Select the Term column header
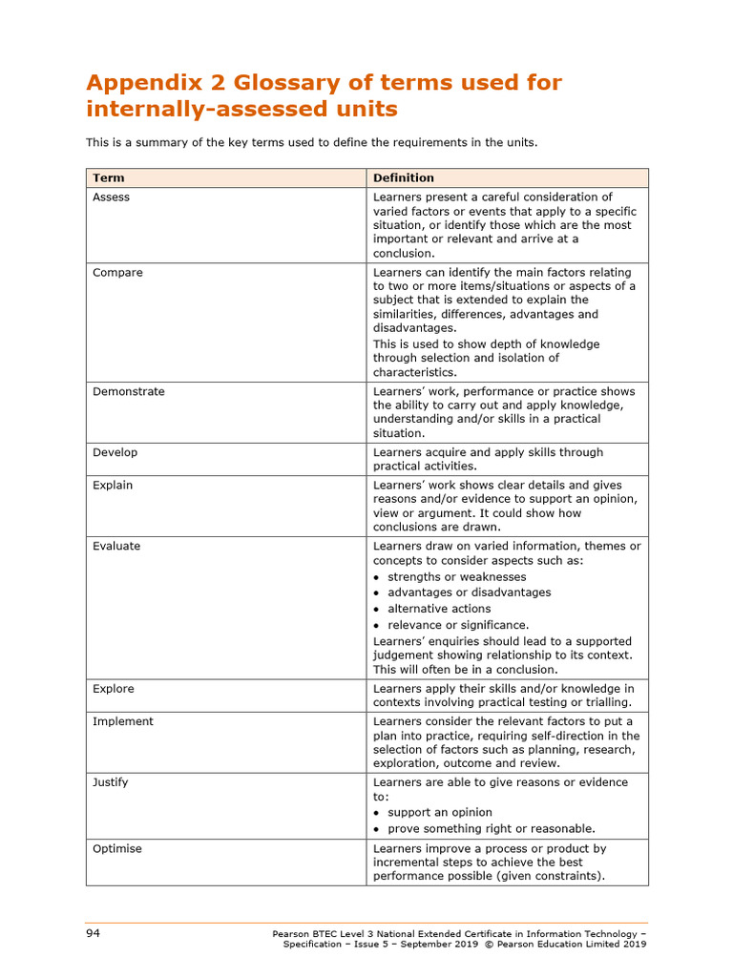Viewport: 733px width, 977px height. coord(108,177)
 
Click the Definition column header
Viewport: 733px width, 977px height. coord(403,177)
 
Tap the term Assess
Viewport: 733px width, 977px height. coord(111,197)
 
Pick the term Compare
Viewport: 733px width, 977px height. coord(117,272)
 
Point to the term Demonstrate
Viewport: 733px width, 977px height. coord(128,391)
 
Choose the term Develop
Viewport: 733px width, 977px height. coord(115,452)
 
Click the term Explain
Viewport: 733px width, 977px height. coord(113,485)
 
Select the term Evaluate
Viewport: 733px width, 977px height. coord(116,546)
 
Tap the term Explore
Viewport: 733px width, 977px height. coord(114,688)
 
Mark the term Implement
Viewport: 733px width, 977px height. coord(122,721)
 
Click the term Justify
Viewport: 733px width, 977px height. coord(110,782)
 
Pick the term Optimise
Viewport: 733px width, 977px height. coord(117,848)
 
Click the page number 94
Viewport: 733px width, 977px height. coord(94,932)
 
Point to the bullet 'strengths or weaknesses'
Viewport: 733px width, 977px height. coord(457,576)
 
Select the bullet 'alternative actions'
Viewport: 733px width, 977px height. coord(439,608)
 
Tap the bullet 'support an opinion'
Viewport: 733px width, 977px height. coord(440,812)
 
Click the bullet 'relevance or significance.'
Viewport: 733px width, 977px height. coord(458,625)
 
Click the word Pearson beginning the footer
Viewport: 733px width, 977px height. coord(292,933)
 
